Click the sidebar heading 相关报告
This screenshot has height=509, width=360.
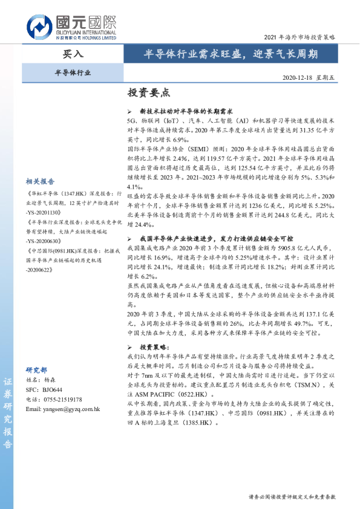click(x=41, y=181)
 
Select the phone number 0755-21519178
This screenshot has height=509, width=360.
click(x=63, y=400)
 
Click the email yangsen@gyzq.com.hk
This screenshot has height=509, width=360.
click(x=63, y=409)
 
